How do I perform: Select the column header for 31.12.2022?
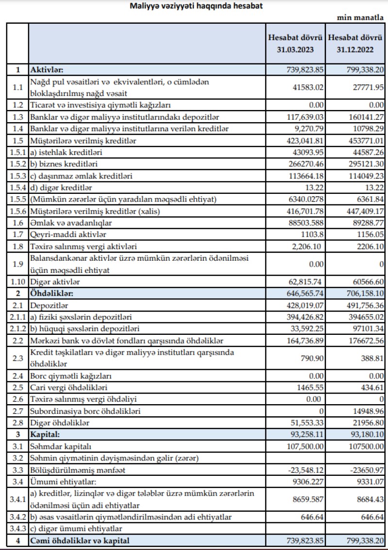tap(356, 44)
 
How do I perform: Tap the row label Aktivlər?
tap(50, 70)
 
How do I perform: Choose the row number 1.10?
tap(17, 281)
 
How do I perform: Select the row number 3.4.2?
tap(17, 517)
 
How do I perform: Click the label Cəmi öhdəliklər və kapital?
tap(81, 540)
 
